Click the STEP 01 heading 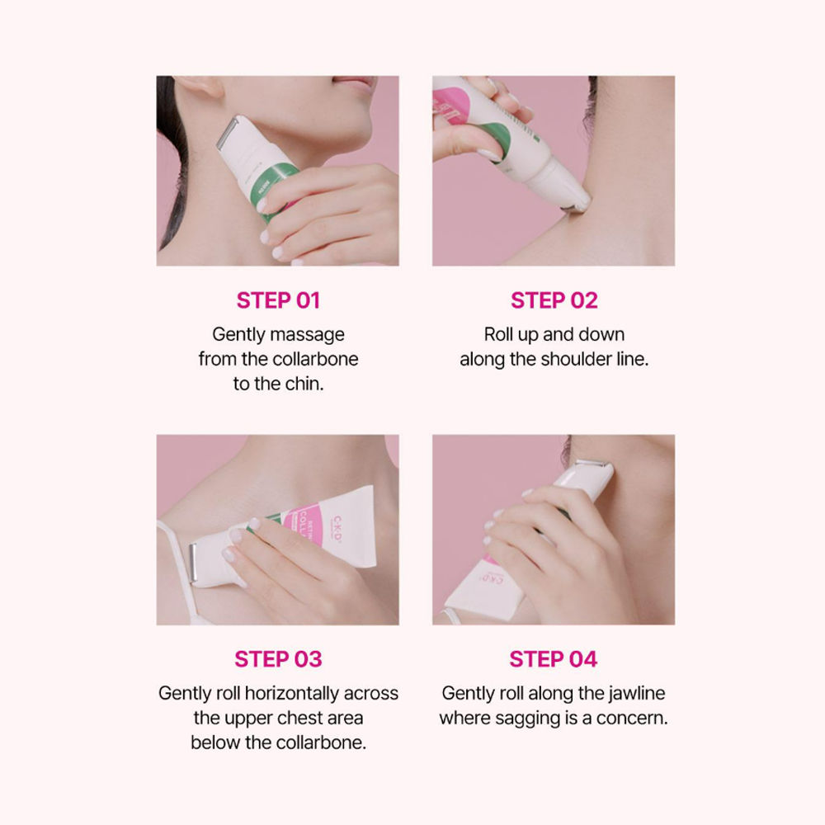[x=277, y=300]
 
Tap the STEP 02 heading [x=554, y=300]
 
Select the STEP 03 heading [x=277, y=659]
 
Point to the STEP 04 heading [x=554, y=659]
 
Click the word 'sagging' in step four [x=528, y=718]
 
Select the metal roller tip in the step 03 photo [x=193, y=563]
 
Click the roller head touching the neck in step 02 [x=577, y=199]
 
